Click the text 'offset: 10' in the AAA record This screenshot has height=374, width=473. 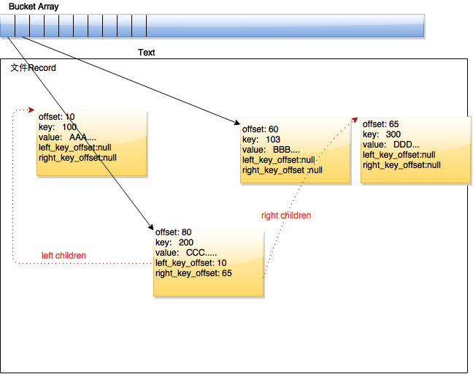pos(56,117)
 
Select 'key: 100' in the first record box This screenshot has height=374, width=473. pos(57,127)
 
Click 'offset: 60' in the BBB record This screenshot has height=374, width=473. pos(260,129)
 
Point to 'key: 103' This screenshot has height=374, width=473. pos(261,140)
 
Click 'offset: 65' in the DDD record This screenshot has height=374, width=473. pos(380,124)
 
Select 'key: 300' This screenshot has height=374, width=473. pos(382,134)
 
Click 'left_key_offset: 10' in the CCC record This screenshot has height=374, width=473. pos(191,263)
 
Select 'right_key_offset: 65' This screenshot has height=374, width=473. pos(193,273)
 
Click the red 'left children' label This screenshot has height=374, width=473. pos(64,256)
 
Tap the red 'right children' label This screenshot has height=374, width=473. pos(286,215)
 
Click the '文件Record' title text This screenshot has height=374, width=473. pos(33,68)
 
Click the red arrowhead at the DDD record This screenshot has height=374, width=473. pos(355,120)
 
